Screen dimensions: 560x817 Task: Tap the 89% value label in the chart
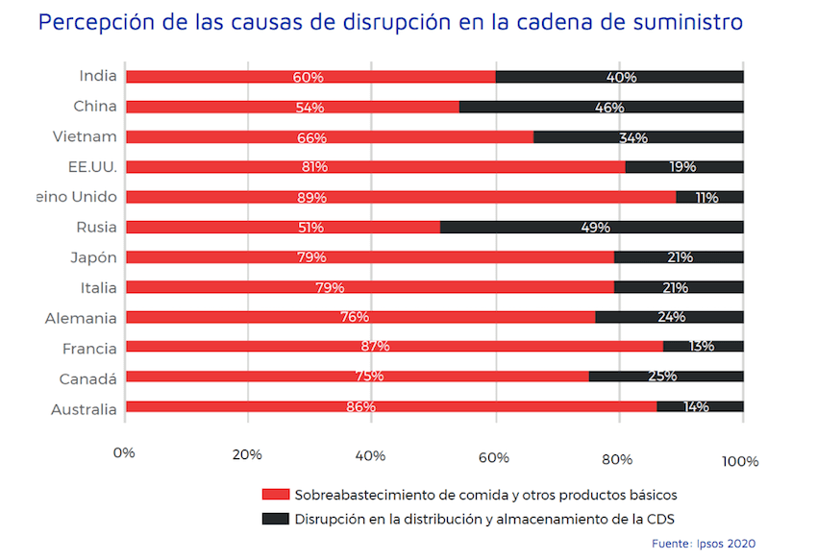[x=312, y=198]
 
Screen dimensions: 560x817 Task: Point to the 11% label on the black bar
[x=707, y=198]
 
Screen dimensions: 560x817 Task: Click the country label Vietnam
[x=85, y=136]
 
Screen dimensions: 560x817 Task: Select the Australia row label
[x=84, y=409]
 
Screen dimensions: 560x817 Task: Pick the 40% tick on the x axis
[x=371, y=456]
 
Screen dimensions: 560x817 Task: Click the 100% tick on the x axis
[x=740, y=461]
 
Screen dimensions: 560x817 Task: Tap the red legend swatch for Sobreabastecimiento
[x=276, y=495]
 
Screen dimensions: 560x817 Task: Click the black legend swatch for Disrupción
[x=276, y=520]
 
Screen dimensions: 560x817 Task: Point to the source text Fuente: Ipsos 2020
[x=704, y=544]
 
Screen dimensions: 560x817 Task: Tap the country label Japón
[x=93, y=257]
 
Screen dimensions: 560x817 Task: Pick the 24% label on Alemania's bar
[x=671, y=317]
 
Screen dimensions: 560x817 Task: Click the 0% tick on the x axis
[x=124, y=454]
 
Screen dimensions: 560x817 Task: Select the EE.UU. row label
[x=94, y=167]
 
